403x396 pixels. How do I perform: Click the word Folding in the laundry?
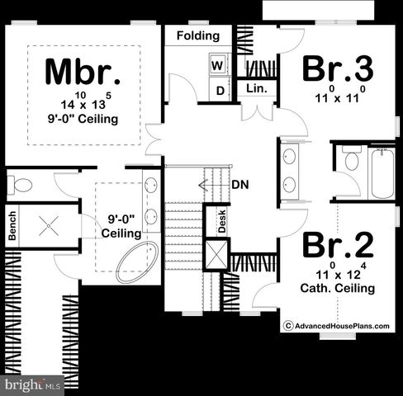[198, 36]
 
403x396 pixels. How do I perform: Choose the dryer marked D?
[220, 90]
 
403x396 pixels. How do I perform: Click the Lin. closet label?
[255, 88]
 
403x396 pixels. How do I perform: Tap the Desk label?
[222, 219]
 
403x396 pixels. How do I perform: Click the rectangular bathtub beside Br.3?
[382, 172]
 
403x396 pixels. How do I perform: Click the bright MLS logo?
[33, 384]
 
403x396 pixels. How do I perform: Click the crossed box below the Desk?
[216, 254]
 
